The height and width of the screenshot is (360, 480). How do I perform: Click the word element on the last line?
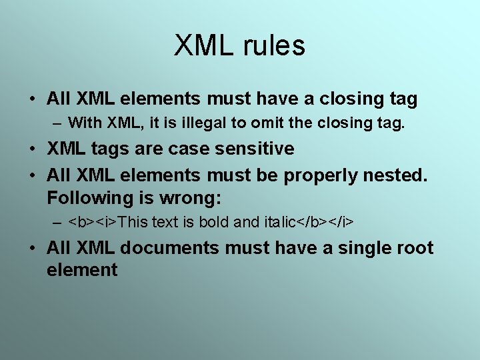coord(82,270)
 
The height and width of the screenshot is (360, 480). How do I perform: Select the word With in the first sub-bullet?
coord(83,123)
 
